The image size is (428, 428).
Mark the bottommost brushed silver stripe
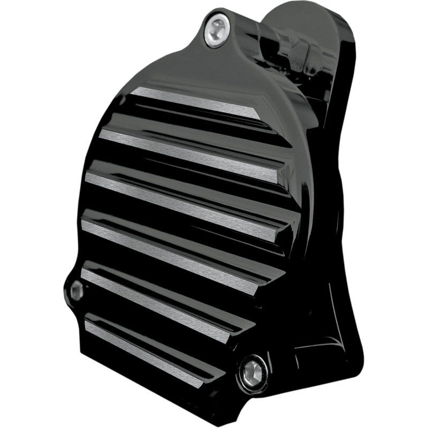coord(144,348)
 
